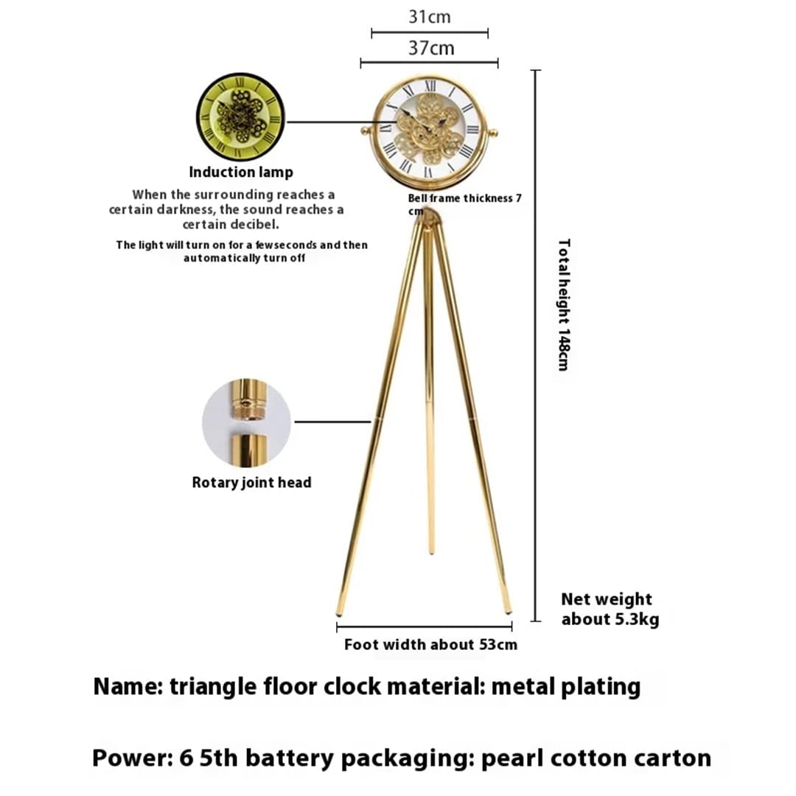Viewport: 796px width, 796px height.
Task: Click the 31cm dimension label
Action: tap(430, 16)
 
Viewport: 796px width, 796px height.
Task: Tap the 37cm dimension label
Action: tap(431, 49)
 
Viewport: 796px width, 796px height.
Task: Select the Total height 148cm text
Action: tap(563, 304)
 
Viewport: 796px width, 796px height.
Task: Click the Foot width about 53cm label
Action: tap(430, 645)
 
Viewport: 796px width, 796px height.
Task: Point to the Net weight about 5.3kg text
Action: tap(610, 610)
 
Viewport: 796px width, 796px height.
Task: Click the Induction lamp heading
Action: tap(241, 172)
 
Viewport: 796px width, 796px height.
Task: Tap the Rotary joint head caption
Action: tap(251, 483)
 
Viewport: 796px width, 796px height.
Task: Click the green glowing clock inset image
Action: tap(240, 116)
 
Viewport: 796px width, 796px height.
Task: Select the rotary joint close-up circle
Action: tap(246, 423)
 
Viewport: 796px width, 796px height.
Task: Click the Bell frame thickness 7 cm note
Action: tap(464, 204)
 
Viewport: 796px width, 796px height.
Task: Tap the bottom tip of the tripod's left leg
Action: tap(339, 612)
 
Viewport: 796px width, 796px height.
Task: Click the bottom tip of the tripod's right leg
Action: tap(508, 611)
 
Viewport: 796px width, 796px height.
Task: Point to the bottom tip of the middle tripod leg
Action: tap(431, 551)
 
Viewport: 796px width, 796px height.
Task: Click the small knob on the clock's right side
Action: tap(493, 133)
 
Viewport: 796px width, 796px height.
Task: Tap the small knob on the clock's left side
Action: tap(363, 132)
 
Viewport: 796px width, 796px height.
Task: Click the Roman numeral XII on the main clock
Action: tap(430, 87)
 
